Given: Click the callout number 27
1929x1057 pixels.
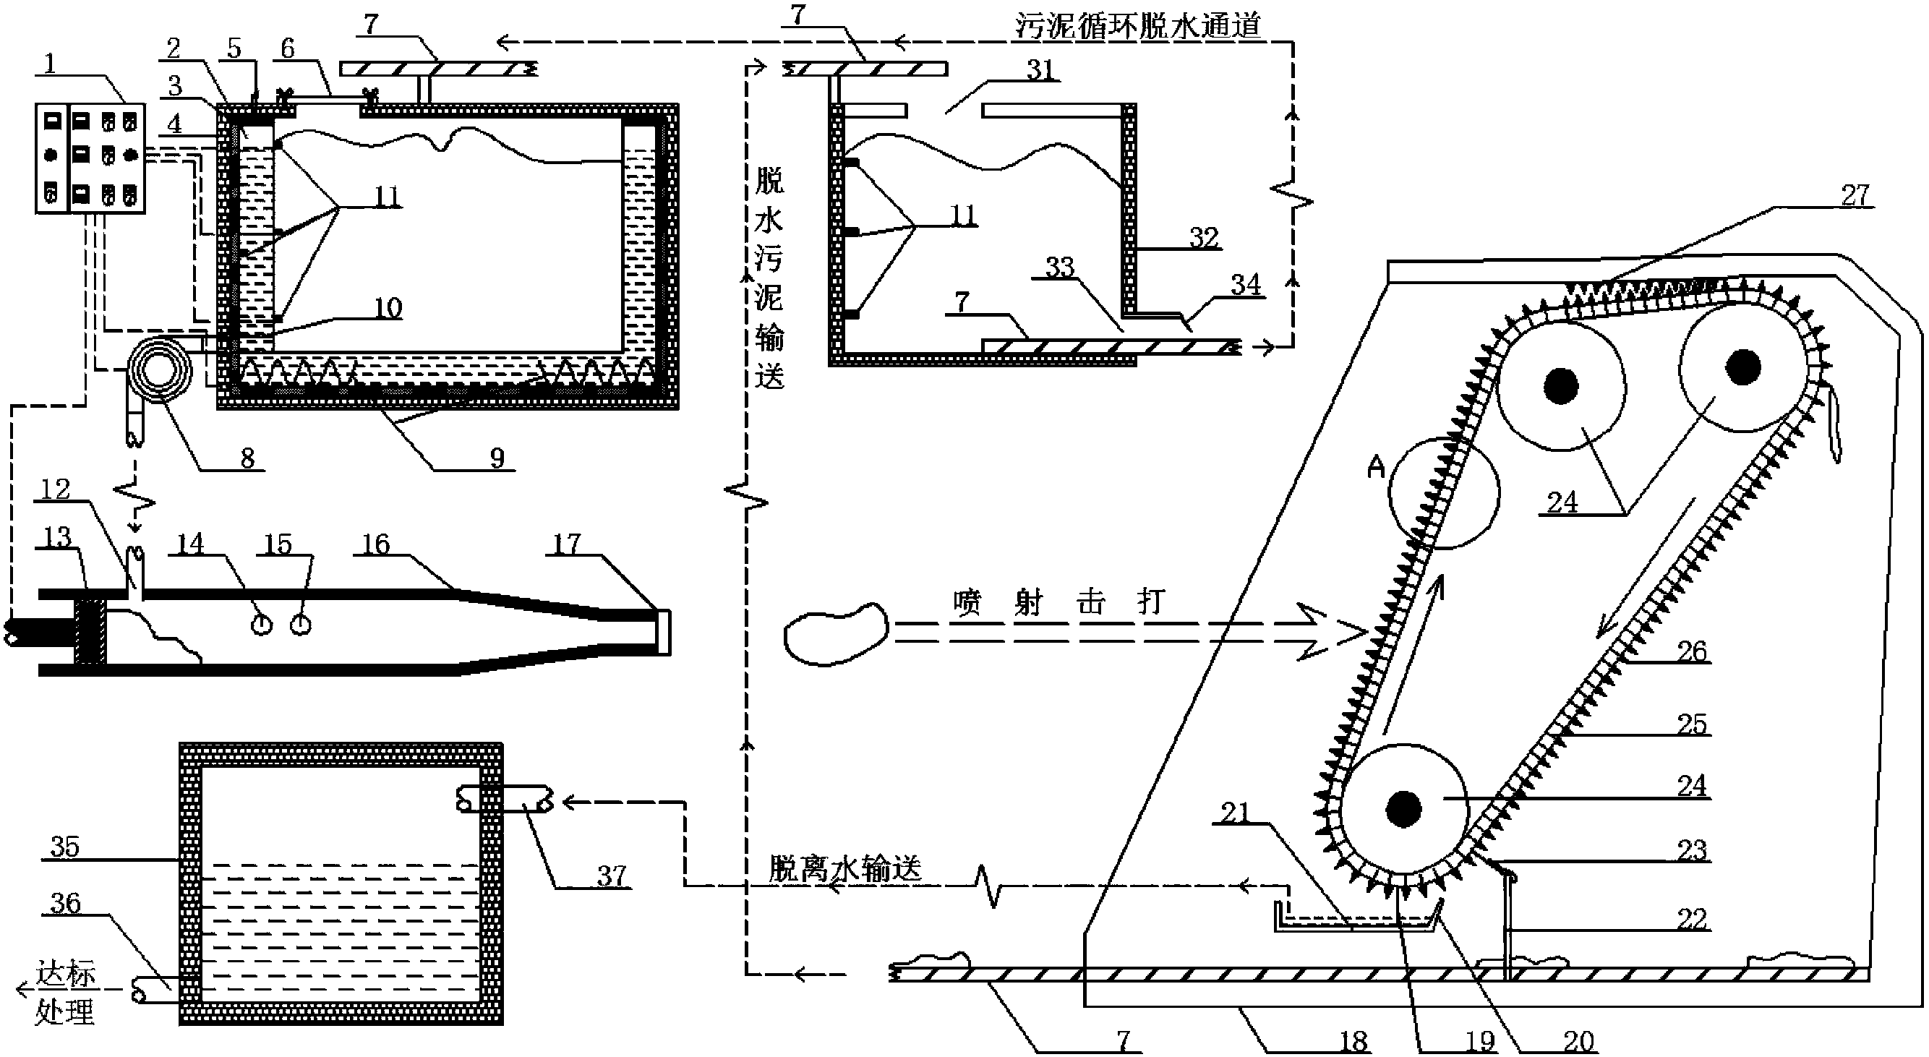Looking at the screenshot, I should (x=1855, y=196).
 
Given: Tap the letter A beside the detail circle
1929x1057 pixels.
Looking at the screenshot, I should (x=1377, y=468).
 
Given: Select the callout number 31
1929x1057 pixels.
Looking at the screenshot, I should (x=1040, y=70).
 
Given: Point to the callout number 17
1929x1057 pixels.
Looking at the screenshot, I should (x=567, y=544).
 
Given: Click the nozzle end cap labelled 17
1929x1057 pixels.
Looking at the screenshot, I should (x=663, y=633).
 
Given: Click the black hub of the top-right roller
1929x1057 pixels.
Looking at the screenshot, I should (x=1742, y=367).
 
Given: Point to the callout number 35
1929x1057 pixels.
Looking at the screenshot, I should (x=64, y=847).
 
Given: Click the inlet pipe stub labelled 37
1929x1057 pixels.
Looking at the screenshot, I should (x=505, y=803).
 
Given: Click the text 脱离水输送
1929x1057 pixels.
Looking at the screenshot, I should (x=844, y=869).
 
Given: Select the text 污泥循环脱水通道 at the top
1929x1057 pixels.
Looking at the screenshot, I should (x=1138, y=25).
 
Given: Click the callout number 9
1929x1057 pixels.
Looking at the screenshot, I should (x=497, y=458).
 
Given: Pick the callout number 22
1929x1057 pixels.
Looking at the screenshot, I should (x=1692, y=919).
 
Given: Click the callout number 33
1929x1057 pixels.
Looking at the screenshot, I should (x=1060, y=268).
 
